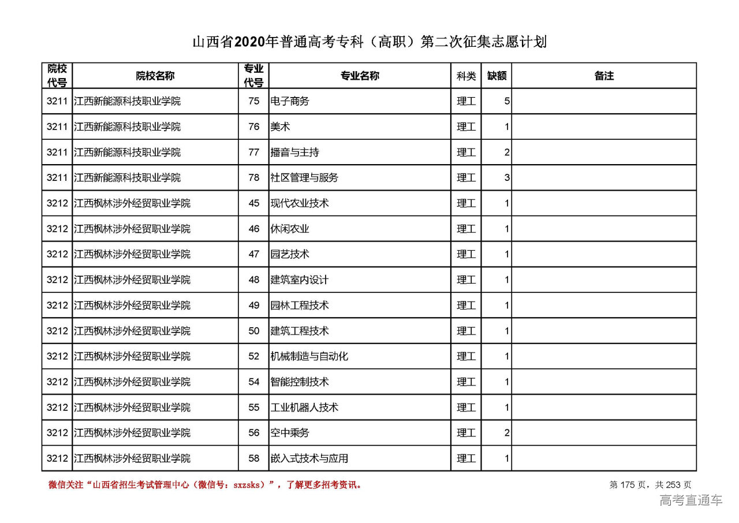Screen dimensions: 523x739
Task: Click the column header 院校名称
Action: [155, 76]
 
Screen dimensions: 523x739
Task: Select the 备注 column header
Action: [604, 76]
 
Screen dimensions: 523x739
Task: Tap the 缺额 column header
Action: [497, 76]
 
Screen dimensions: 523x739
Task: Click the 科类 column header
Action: [466, 76]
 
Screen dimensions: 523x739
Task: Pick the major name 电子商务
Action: [290, 101]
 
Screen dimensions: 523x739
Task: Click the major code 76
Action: [254, 127]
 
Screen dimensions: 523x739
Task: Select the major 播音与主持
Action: [294, 153]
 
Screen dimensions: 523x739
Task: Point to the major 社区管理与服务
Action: [304, 178]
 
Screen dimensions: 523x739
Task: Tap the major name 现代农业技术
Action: [300, 203]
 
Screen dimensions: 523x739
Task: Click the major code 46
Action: [254, 229]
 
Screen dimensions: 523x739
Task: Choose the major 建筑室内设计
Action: [300, 280]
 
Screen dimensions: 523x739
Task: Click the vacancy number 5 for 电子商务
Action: [506, 101]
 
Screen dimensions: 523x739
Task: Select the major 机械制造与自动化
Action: [309, 357]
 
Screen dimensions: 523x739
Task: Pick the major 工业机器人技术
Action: [304, 407]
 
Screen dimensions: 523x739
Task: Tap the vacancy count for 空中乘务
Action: [506, 433]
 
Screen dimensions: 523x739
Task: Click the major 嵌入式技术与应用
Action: [309, 458]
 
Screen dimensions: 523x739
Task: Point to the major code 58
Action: [254, 458]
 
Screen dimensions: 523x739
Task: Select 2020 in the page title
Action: [249, 43]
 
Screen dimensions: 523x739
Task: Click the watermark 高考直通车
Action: [691, 500]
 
